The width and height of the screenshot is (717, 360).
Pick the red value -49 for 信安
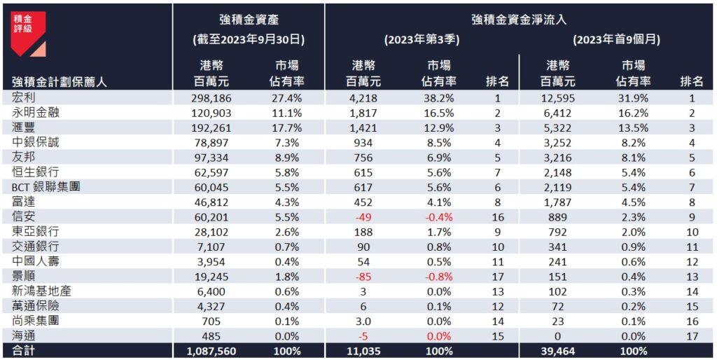tap(363, 217)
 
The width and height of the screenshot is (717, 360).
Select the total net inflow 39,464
tap(559, 351)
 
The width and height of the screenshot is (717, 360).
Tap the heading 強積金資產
tap(249, 20)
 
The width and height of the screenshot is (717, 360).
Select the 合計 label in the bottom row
tap(23, 351)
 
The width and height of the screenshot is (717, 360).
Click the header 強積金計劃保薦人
tap(59, 82)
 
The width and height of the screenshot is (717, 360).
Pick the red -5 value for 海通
tap(363, 336)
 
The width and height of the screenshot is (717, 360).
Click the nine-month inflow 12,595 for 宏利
tap(558, 98)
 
